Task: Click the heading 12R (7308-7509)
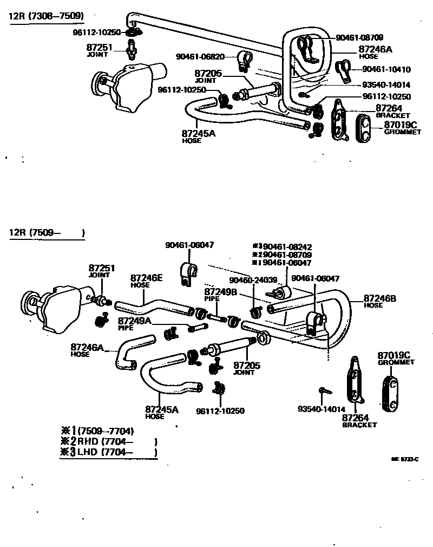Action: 46,16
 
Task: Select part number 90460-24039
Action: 253,280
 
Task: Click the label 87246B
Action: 380,298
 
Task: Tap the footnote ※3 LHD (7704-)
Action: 108,452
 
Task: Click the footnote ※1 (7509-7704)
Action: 97,431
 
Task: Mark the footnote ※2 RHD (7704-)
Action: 108,441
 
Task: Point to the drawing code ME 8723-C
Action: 405,459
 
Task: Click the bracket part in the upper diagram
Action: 339,120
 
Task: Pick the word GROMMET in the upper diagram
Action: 402,132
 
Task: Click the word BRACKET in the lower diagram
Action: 359,425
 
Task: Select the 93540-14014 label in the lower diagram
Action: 322,409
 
